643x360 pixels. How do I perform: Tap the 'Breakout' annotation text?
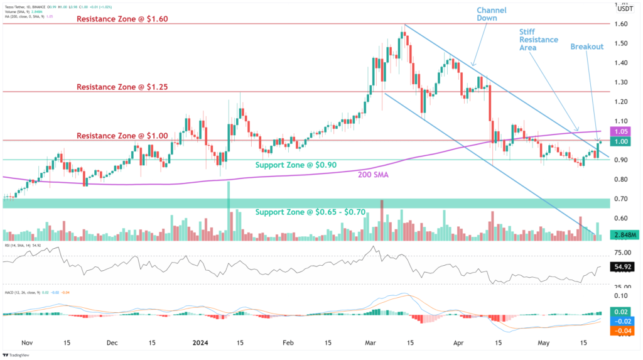point(587,47)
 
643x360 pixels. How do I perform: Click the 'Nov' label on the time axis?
point(26,344)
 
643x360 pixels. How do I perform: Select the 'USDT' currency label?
point(625,9)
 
